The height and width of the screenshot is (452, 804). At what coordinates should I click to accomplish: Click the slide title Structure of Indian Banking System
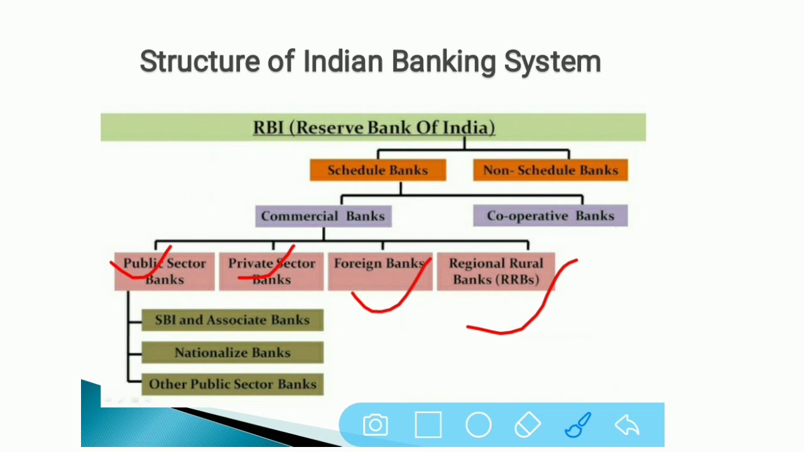370,62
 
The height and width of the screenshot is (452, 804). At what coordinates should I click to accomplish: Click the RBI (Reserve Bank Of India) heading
374,127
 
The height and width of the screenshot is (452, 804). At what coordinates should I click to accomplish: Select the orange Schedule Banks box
378,170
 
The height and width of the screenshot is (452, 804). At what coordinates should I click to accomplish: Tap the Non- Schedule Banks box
550,170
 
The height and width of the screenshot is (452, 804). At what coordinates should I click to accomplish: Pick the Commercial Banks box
323,216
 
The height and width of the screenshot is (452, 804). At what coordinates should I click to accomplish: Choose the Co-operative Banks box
550,216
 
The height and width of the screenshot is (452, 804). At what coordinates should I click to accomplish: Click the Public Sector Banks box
165,271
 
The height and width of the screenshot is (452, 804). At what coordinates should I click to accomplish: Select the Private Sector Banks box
271,271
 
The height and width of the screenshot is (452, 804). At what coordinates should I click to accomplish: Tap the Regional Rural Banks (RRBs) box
496,271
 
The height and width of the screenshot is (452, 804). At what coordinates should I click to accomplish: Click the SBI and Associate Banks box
232,320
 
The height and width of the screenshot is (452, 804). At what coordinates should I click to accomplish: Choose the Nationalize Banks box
232,353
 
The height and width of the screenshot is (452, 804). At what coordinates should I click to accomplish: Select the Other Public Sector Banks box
232,384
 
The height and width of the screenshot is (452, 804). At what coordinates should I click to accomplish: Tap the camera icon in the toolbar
376,425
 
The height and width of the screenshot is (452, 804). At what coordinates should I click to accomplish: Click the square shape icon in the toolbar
428,425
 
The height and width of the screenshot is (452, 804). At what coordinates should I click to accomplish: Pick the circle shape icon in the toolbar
478,425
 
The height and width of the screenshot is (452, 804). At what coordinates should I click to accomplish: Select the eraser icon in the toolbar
528,425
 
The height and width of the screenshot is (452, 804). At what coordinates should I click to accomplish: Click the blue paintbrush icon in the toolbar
578,425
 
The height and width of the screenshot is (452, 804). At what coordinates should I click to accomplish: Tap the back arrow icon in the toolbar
627,425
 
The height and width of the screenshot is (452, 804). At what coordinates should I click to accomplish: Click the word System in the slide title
553,62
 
